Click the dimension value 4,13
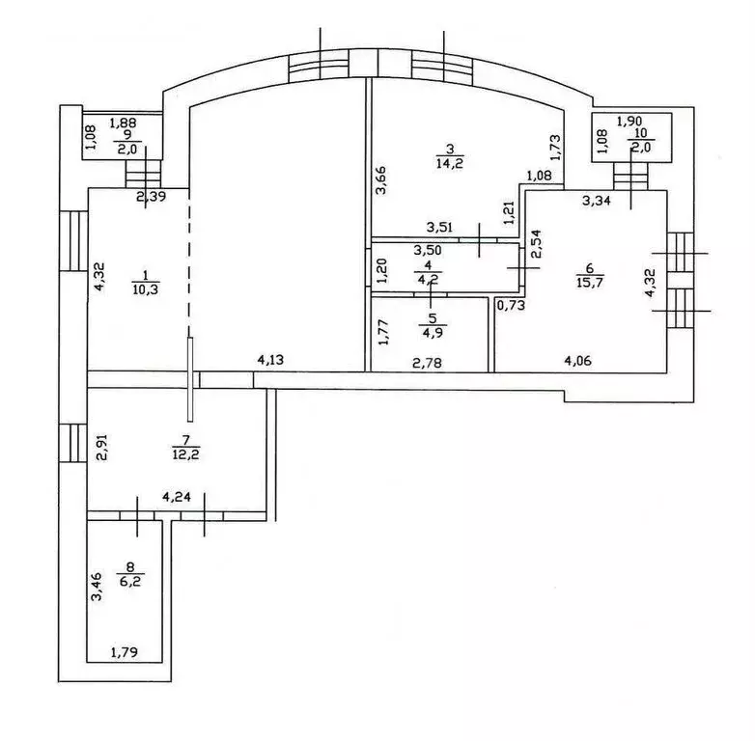(270, 361)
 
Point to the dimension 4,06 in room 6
(579, 362)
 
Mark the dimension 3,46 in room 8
(96, 587)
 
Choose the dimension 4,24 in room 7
(177, 498)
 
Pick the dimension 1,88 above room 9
(123, 123)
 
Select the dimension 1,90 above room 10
(629, 122)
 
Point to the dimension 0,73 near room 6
(511, 305)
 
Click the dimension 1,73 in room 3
(554, 148)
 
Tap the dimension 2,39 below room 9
(151, 198)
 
